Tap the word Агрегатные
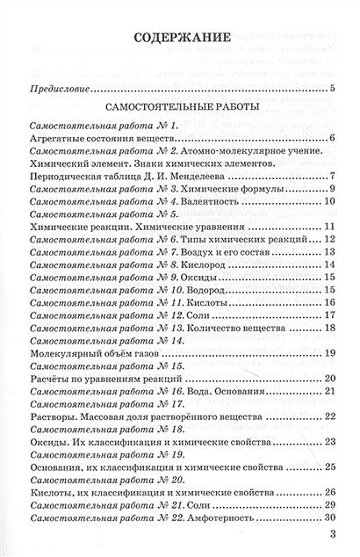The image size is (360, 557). coord(56,138)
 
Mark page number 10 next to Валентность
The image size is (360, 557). coord(331,201)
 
